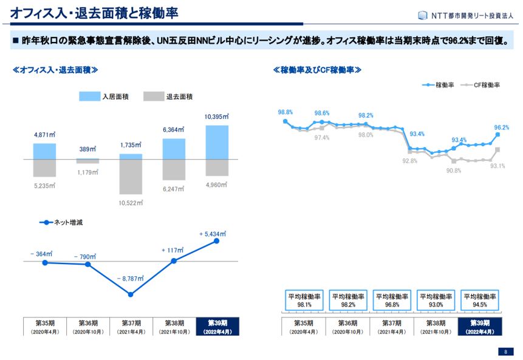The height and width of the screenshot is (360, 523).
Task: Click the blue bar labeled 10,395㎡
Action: tap(217, 142)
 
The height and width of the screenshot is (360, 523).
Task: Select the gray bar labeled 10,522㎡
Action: tap(131, 177)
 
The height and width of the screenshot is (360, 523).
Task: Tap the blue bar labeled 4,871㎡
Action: tap(44, 151)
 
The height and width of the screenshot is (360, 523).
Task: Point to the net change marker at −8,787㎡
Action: tap(131, 294)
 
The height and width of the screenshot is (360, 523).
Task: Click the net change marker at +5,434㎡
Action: tap(217, 241)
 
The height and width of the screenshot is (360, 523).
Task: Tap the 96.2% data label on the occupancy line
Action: tap(501, 127)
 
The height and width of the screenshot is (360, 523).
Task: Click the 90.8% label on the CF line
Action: tap(453, 171)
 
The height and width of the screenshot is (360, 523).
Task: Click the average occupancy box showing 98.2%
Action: tap(347, 301)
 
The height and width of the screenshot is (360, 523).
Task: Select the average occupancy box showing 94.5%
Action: tap(479, 301)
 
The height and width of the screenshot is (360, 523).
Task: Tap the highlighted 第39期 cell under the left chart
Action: tap(217, 327)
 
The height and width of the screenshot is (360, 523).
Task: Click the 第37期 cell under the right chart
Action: tap(391, 327)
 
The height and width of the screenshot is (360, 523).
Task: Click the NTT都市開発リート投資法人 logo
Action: tap(465, 15)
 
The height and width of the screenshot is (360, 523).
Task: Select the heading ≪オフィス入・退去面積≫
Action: tap(55, 70)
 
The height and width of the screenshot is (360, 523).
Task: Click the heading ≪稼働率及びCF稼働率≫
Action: tap(318, 70)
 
